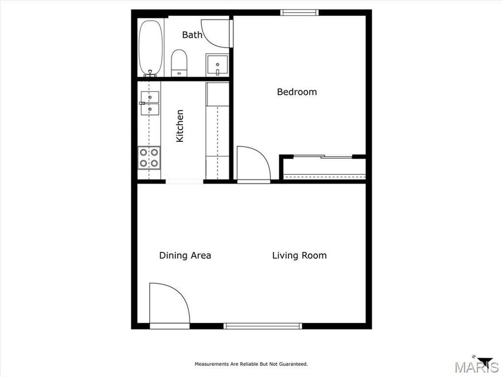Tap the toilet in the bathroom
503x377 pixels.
point(179,63)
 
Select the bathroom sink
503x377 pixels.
point(217,65)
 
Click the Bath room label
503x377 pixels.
point(192,35)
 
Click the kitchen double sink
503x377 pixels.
point(150,103)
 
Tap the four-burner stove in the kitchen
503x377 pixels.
point(150,158)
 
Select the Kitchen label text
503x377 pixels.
point(180,126)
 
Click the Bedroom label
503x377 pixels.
point(297,92)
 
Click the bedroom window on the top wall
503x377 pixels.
point(299,12)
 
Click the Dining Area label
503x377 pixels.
point(185,256)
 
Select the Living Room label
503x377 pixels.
point(299,256)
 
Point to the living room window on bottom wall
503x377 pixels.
point(263,326)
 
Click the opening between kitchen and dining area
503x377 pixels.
point(184,182)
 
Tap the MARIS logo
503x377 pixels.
point(476,368)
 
